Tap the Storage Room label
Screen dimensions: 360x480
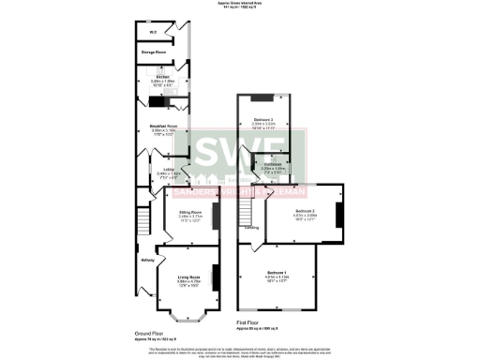point(156,52)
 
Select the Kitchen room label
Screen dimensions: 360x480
point(162,77)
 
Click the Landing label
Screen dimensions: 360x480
point(252,227)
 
